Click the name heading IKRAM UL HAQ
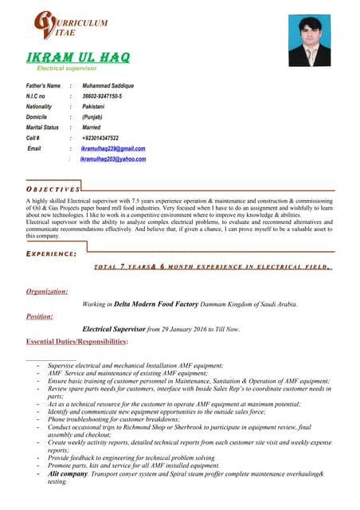point(78,57)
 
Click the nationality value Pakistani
point(93,107)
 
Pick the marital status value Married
point(91,127)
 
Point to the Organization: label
point(47,292)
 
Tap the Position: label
point(40,316)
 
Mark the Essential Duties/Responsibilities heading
point(76,342)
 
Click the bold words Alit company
point(68,473)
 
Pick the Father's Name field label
point(43,86)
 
